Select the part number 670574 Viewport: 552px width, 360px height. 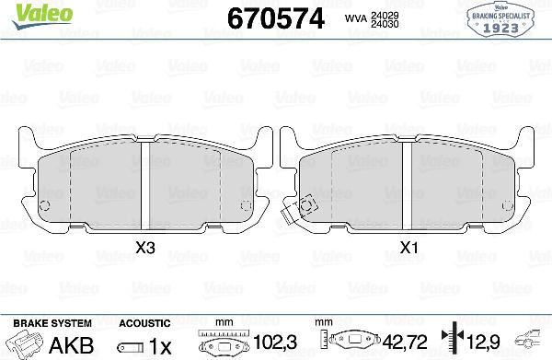click(276, 18)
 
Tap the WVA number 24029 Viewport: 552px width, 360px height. click(385, 15)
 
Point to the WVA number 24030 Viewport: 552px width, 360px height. click(385, 24)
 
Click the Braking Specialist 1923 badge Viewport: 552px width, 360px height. click(501, 18)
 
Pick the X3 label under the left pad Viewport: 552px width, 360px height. click(145, 248)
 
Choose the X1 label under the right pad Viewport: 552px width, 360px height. click(408, 248)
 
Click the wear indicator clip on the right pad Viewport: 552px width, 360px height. click(299, 210)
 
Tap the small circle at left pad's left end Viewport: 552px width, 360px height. click(45, 205)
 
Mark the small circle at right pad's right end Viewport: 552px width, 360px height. click(507, 205)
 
